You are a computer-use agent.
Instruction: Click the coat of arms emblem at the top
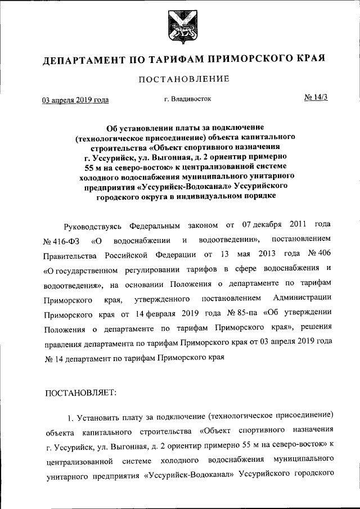point(179,26)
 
